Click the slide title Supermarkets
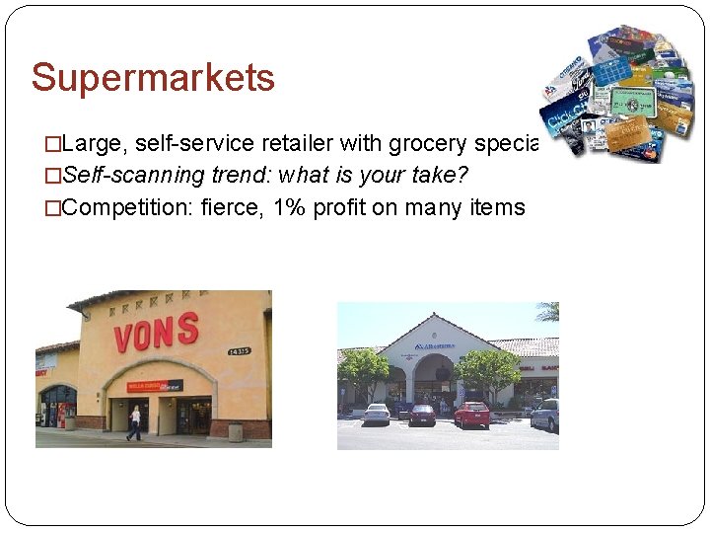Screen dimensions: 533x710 153,78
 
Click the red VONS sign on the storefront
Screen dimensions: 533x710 156,334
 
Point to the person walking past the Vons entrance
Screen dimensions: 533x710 133,421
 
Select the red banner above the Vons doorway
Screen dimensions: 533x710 156,385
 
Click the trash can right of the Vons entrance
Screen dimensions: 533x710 235,431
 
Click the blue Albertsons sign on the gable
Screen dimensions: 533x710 434,346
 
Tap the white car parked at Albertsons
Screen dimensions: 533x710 376,414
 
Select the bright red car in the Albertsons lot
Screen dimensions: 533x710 471,414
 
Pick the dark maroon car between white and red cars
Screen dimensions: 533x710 422,415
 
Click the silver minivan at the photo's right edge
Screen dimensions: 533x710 544,414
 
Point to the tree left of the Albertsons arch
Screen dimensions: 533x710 362,370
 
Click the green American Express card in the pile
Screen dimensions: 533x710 632,102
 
